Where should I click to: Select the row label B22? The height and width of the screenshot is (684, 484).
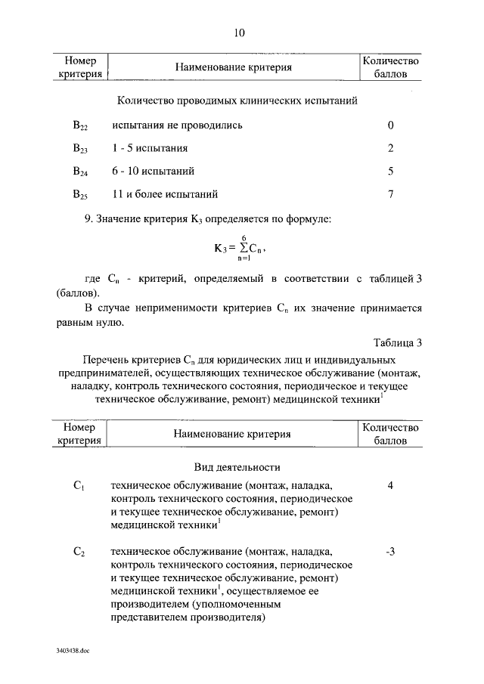click(80, 125)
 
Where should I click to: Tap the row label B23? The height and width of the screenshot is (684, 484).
click(80, 149)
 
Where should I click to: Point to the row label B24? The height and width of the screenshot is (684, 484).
click(80, 172)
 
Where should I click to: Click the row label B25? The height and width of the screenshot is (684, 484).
click(80, 195)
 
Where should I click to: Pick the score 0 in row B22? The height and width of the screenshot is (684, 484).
click(390, 125)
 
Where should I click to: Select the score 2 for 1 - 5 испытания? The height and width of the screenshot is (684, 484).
click(390, 148)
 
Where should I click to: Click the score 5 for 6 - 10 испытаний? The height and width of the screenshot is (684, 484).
click(390, 171)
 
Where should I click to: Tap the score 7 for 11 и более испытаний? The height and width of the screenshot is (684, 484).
click(390, 194)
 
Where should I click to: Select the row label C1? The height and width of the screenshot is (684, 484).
click(79, 486)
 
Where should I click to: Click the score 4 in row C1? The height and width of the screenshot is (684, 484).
click(390, 485)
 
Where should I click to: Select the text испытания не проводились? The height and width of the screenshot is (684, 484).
click(177, 125)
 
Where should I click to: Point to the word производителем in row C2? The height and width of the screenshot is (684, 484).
click(149, 605)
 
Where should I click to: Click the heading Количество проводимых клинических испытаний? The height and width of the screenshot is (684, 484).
click(237, 101)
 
